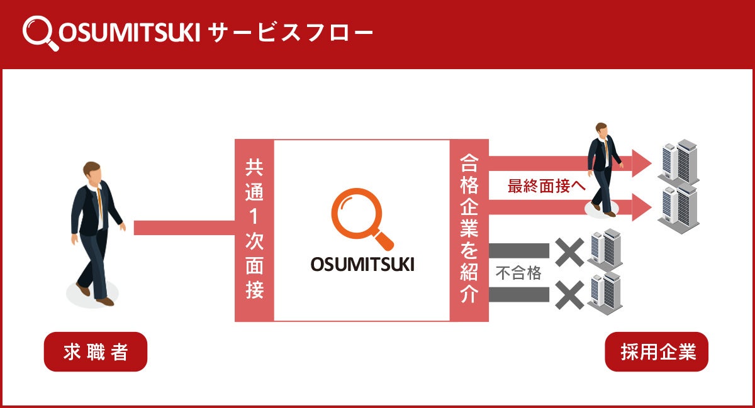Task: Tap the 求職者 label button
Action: click(95, 352)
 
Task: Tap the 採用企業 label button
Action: click(656, 352)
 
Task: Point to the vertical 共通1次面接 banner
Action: click(254, 230)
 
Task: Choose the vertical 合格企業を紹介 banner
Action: click(469, 230)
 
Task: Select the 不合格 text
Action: click(518, 273)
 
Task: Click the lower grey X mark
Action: click(569, 294)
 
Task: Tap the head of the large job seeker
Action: click(92, 172)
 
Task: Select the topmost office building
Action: click(678, 160)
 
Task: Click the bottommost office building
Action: click(605, 293)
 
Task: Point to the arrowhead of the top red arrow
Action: click(641, 163)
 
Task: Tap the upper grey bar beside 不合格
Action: click(518, 251)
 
